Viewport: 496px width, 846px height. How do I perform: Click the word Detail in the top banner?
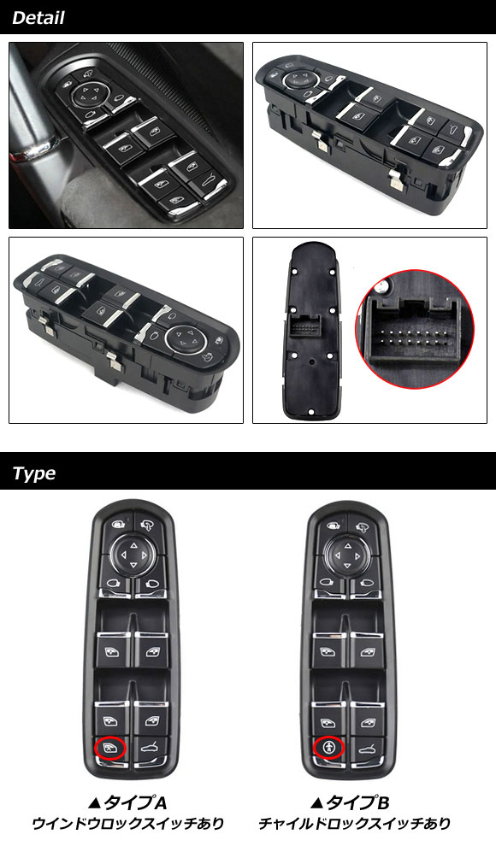[38, 18]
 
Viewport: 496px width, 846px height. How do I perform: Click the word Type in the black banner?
[33, 473]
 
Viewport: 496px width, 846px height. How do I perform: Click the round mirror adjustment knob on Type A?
[133, 555]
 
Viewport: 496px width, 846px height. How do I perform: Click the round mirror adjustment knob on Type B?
[347, 555]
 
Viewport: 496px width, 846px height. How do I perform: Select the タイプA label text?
[127, 803]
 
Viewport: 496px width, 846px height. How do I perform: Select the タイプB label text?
[350, 803]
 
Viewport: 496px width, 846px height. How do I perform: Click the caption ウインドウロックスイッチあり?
[128, 824]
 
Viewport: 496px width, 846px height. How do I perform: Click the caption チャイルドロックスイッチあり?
[354, 824]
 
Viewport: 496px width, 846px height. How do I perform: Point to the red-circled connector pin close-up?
[415, 330]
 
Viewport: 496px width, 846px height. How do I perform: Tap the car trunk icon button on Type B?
[368, 749]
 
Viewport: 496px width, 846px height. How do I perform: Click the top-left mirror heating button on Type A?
[117, 523]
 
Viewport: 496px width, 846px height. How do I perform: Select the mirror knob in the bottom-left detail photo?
[183, 338]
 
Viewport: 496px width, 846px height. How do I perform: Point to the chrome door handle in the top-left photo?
[33, 149]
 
